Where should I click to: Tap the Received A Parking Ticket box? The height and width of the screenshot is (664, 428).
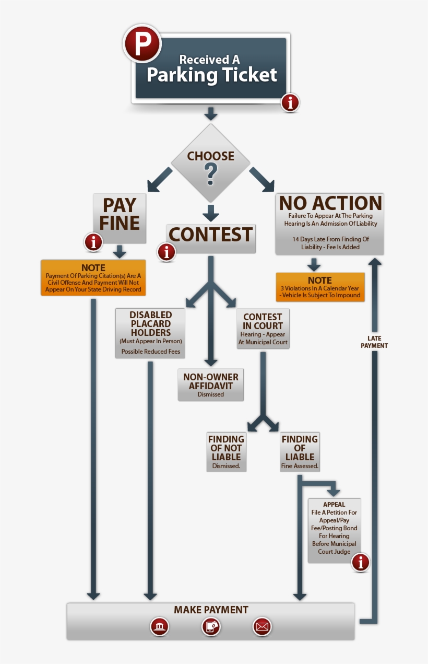click(211, 69)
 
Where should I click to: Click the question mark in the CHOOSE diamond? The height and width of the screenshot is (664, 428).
click(210, 174)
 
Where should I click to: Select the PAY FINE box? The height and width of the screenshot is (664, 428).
click(119, 214)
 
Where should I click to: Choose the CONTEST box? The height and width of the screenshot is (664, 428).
click(211, 235)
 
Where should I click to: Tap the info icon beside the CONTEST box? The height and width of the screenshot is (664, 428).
click(167, 252)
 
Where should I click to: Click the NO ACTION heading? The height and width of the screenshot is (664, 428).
click(330, 203)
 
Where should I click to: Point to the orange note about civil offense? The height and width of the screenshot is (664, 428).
click(93, 278)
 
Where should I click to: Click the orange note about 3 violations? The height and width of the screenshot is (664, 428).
click(320, 287)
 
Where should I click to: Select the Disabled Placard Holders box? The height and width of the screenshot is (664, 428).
click(150, 333)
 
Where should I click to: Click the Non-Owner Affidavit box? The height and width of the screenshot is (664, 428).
click(210, 385)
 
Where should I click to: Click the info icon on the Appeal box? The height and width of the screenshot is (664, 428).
click(360, 563)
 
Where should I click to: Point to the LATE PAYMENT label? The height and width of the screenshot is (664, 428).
click(374, 342)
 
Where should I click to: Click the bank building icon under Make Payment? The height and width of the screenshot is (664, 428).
click(159, 626)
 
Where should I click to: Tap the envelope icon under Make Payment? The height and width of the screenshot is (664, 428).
click(262, 626)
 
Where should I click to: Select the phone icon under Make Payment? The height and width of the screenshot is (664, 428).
click(211, 626)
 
